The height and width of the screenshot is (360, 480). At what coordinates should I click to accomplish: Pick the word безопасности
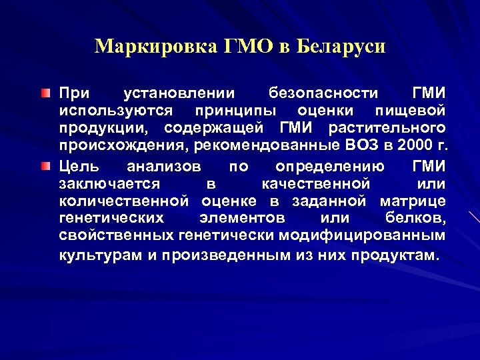[323, 92]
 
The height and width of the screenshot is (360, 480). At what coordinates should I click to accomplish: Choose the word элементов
[242, 219]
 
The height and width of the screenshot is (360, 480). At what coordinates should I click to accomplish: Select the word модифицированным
[363, 236]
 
